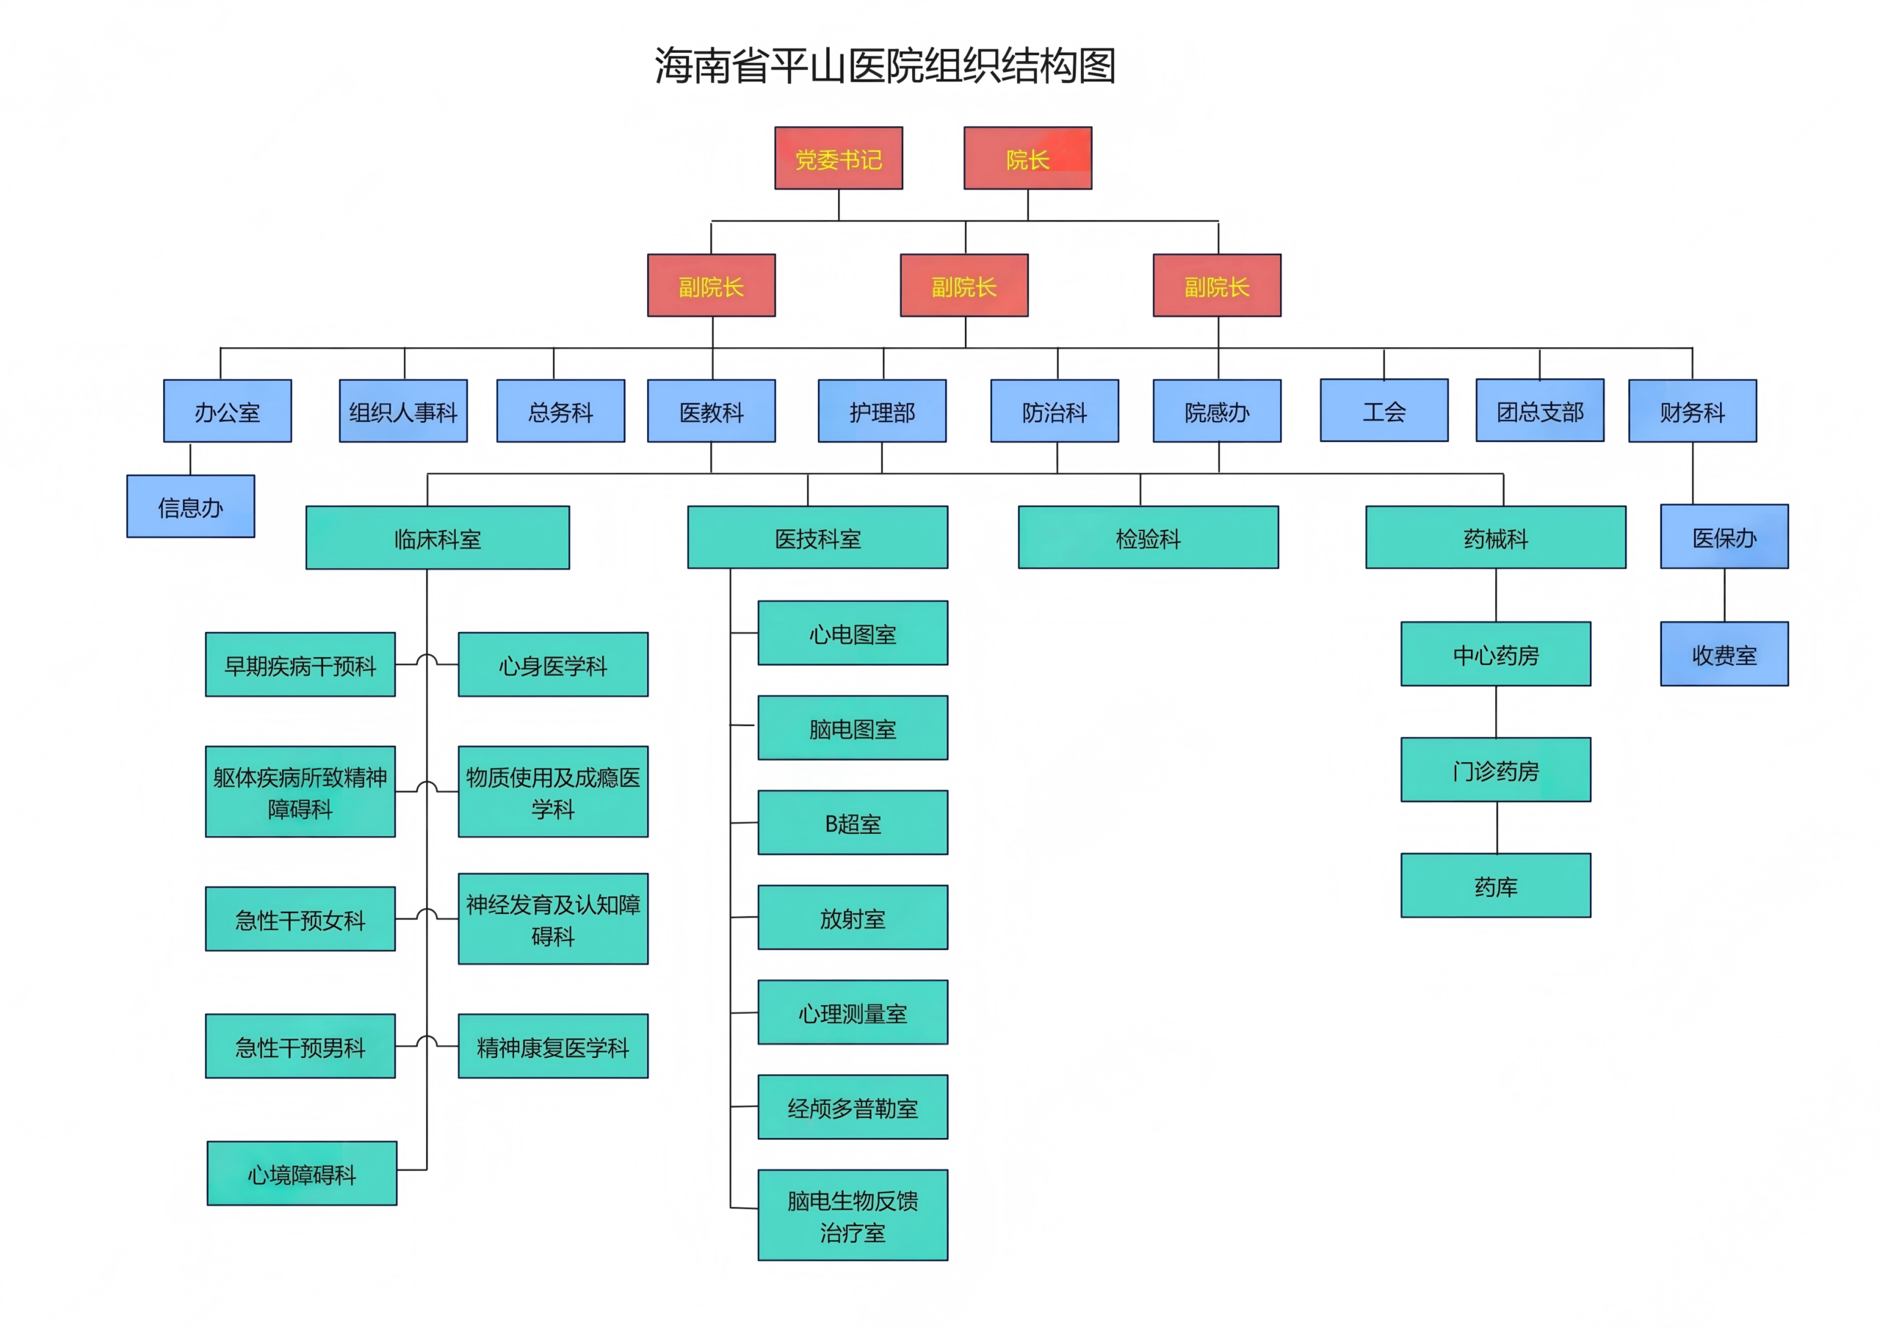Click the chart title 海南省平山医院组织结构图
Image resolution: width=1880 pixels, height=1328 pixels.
point(885,66)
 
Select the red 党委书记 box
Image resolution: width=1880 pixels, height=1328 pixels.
point(839,158)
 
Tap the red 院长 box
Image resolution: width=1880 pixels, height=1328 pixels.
point(1027,158)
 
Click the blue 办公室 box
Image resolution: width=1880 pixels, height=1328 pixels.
point(227,411)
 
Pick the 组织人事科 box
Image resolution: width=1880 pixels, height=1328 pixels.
point(403,411)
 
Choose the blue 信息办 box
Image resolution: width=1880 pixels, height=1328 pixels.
point(190,507)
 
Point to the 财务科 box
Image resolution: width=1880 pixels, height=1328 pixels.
point(1692,411)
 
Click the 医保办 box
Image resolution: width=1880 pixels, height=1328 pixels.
point(1724,537)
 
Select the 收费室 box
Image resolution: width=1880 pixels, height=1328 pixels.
point(1724,654)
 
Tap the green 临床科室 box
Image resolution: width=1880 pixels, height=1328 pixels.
point(437,538)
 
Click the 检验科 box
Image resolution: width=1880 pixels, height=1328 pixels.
point(1148,538)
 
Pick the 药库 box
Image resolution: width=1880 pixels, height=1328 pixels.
point(1495,886)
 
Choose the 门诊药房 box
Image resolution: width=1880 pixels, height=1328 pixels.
point(1495,769)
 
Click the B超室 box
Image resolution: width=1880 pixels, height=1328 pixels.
point(853,823)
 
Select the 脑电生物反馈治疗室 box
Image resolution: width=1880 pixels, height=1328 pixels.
point(853,1215)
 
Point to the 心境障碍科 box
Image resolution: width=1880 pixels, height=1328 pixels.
point(301,1173)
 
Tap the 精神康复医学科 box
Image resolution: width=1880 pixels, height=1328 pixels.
point(553,1046)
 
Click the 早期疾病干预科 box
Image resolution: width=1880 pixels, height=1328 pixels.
point(300,665)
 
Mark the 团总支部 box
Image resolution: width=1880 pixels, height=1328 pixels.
point(1539,411)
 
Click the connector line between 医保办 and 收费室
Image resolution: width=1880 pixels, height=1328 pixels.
point(1724,595)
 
